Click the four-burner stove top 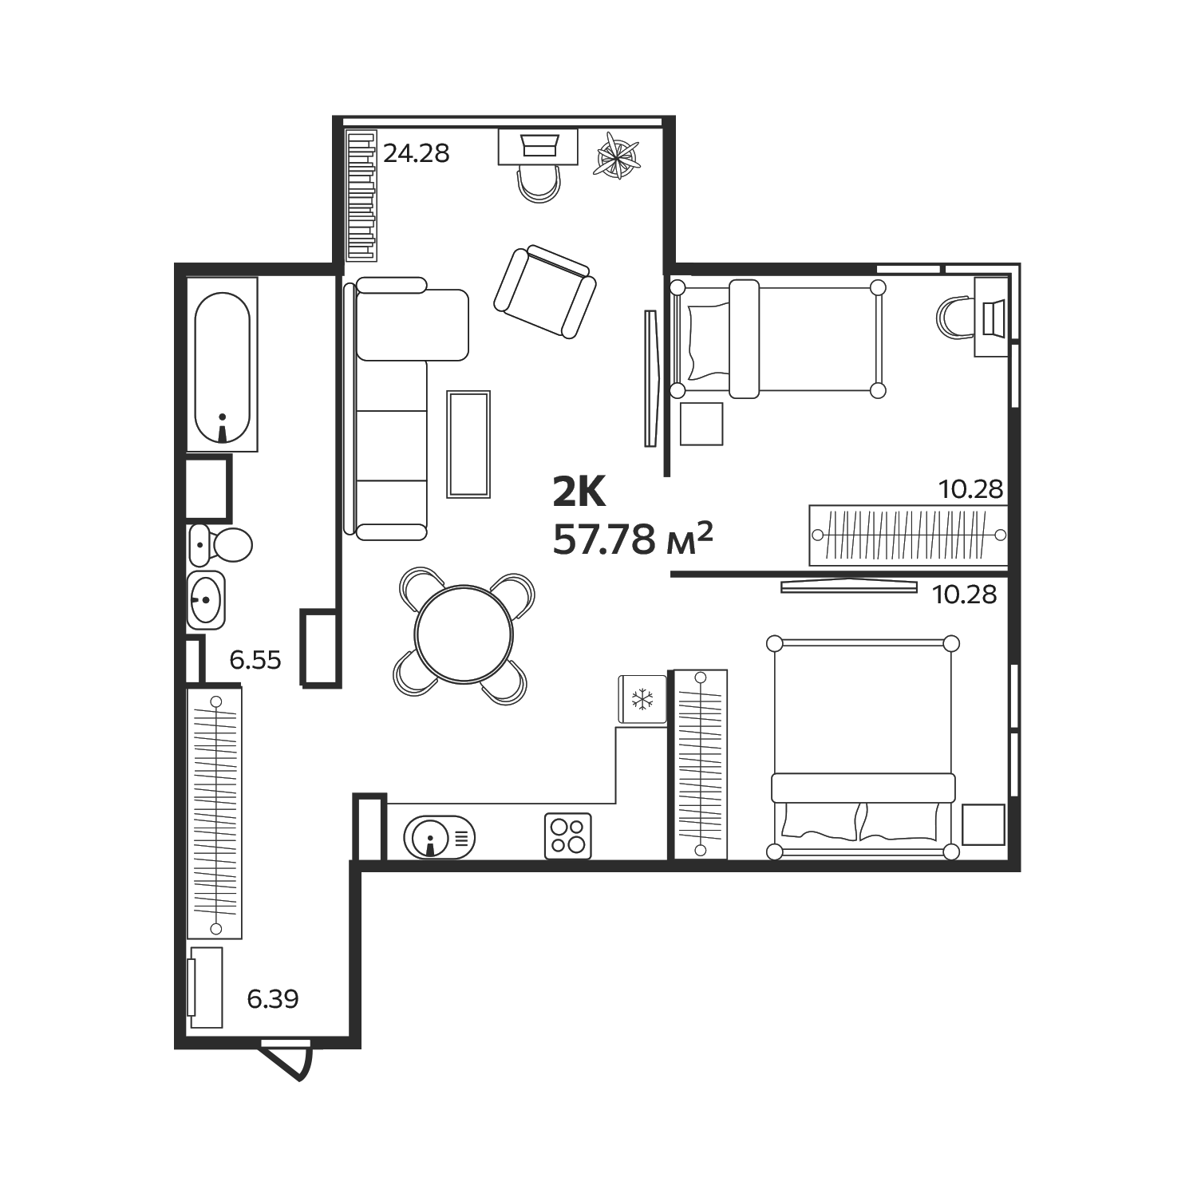pyautogui.click(x=568, y=836)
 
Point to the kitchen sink pyautogui.click(x=440, y=837)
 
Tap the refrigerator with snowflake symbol pyautogui.click(x=642, y=700)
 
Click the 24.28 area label pyautogui.click(x=417, y=152)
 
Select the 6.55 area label pyautogui.click(x=255, y=660)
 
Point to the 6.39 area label pyautogui.click(x=273, y=998)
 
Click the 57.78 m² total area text pyautogui.click(x=633, y=540)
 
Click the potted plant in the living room pyautogui.click(x=618, y=155)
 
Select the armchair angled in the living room pyautogui.click(x=545, y=292)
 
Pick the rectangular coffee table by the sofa pyautogui.click(x=468, y=444)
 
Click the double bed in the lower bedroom pyautogui.click(x=862, y=747)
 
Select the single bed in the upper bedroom pyautogui.click(x=778, y=338)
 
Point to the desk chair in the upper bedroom pyautogui.click(x=954, y=318)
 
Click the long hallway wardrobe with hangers pyautogui.click(x=215, y=813)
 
